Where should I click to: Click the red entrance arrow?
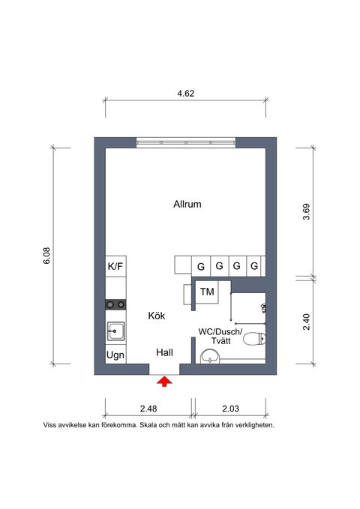click(x=164, y=382)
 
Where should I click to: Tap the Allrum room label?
click(x=187, y=204)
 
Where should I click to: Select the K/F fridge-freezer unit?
click(x=115, y=267)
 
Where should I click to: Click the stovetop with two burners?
click(x=115, y=304)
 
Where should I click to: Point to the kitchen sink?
click(x=115, y=331)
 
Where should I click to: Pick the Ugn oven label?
click(x=115, y=355)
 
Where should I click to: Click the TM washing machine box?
click(x=207, y=292)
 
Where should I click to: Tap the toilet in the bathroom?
click(x=254, y=339)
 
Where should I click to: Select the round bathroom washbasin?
click(x=210, y=357)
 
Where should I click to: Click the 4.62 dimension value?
click(x=185, y=94)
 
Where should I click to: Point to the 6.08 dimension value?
click(x=46, y=256)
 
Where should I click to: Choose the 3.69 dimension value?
click(x=307, y=211)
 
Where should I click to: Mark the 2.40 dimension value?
click(x=307, y=322)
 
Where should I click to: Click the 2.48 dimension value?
click(x=148, y=409)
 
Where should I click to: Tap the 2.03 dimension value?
click(x=230, y=409)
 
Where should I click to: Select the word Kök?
click(x=157, y=316)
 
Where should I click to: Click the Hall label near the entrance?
click(x=164, y=352)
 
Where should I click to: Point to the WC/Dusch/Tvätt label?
click(x=220, y=337)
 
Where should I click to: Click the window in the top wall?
click(x=186, y=142)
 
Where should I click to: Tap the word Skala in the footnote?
click(x=148, y=425)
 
